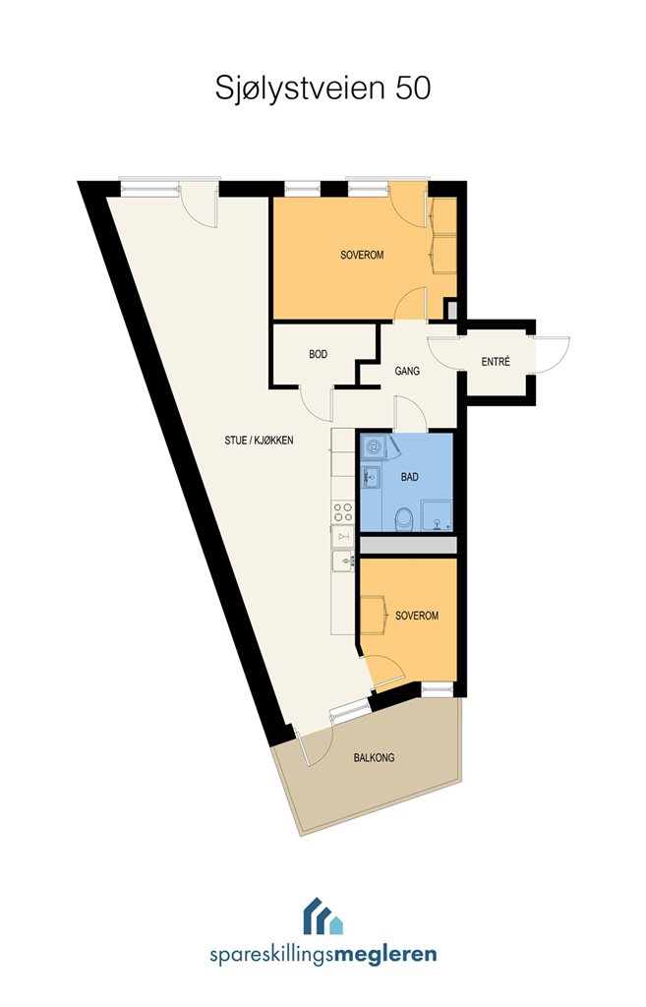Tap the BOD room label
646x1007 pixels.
318,354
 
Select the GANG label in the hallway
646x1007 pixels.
407,371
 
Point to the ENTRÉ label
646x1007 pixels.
496,362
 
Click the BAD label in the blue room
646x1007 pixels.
409,477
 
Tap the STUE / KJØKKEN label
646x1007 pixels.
259,441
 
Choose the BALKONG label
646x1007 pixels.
374,758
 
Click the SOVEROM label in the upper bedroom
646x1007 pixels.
362,255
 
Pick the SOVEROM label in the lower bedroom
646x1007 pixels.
417,616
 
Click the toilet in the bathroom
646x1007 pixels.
403,519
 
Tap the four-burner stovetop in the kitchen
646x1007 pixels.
343,511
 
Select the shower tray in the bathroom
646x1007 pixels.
437,516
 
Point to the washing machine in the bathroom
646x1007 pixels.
373,446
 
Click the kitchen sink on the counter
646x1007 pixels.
343,561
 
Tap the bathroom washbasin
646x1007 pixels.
371,477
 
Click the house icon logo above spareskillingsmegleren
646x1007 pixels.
323,916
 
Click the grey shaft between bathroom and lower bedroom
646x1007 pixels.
408,545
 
